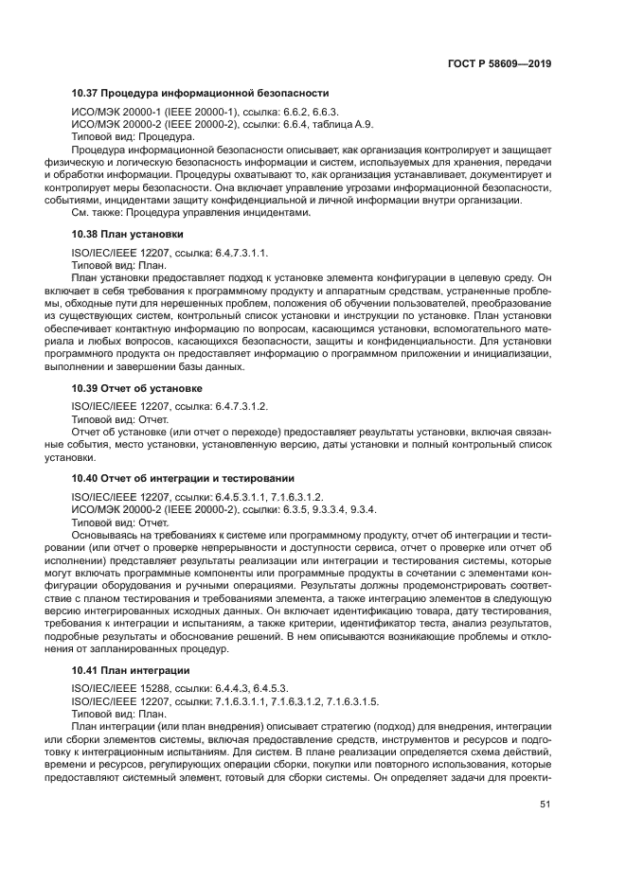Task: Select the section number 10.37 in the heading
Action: [x=86, y=93]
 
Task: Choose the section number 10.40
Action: [x=86, y=478]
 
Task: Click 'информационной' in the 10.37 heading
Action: [x=203, y=93]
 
